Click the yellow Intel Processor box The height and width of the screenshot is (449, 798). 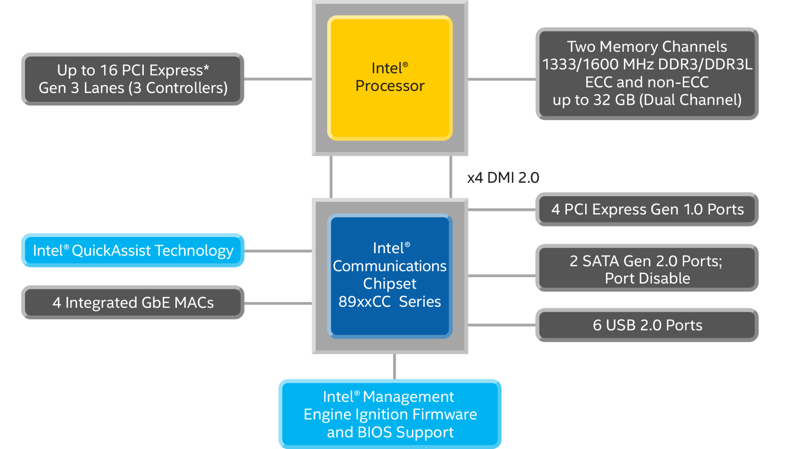[390, 78]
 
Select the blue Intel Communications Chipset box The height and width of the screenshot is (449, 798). [390, 276]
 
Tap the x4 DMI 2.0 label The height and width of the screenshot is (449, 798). [503, 178]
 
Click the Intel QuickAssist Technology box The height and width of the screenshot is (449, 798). [133, 251]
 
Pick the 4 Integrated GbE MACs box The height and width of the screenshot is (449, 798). [133, 303]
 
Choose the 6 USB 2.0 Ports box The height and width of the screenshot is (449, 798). [647, 325]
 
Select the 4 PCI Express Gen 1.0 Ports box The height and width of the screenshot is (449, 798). [647, 210]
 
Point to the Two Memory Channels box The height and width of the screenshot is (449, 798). [647, 74]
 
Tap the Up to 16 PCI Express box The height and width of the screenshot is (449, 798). [133, 79]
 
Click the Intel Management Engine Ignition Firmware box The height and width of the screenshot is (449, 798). [390, 414]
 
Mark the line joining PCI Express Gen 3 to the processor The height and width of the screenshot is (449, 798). [278, 79]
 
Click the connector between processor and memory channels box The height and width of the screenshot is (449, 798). [502, 79]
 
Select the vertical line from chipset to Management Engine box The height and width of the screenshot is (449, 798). [394, 366]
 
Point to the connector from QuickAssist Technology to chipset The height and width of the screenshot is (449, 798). [278, 251]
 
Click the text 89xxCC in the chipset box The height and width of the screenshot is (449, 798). [364, 302]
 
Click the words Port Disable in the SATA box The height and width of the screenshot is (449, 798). [647, 279]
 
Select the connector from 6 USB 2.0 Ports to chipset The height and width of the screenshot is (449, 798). [502, 325]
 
